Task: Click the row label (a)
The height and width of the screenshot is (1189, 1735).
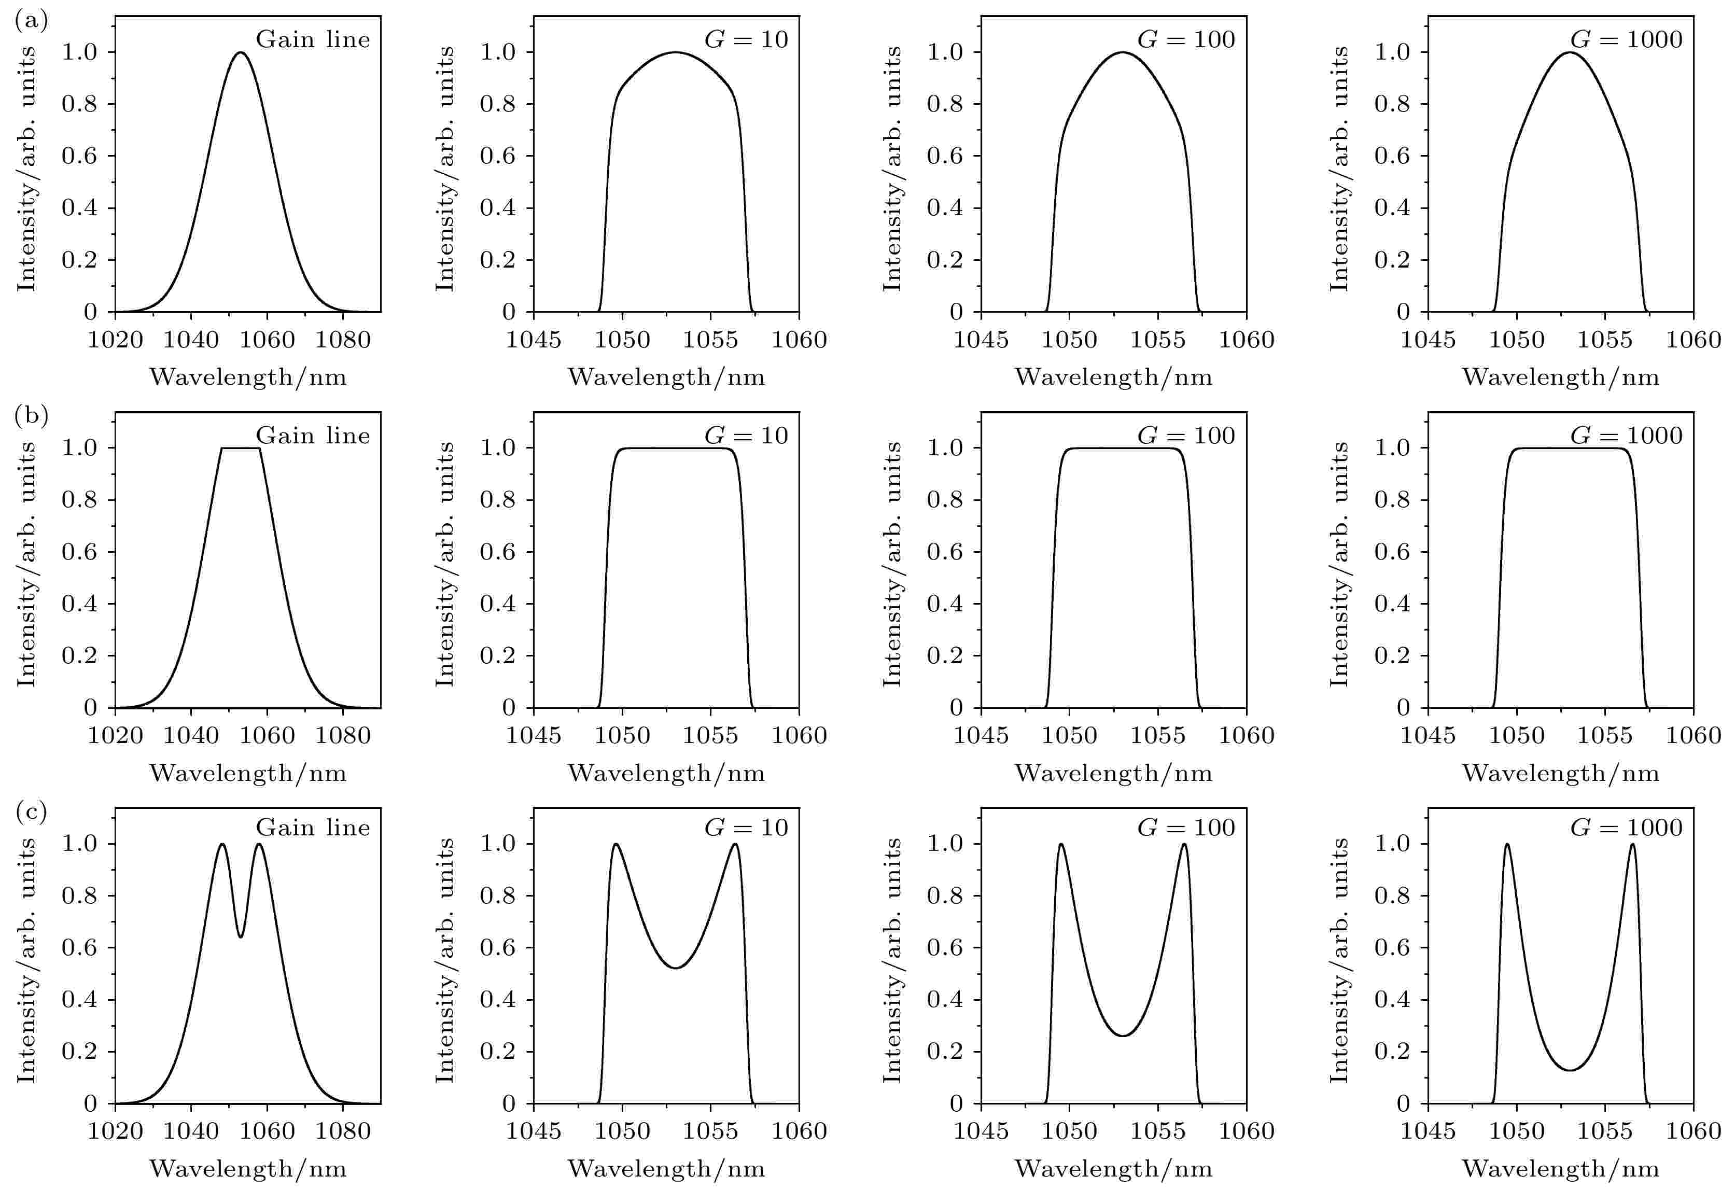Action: (x=31, y=20)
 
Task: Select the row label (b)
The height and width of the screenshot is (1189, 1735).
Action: (x=31, y=416)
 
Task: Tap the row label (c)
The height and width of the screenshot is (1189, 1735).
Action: (x=31, y=812)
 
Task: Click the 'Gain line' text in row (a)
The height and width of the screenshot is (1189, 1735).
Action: (x=313, y=39)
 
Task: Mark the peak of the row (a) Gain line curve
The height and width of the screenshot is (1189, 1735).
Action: (x=241, y=52)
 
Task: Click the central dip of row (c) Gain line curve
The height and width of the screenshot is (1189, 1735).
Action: (x=241, y=936)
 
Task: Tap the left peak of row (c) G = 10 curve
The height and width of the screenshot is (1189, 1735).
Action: (x=616, y=844)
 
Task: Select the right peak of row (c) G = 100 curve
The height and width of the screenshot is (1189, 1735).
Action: (x=1184, y=844)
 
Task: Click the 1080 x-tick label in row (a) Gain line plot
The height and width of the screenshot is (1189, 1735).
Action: (x=343, y=340)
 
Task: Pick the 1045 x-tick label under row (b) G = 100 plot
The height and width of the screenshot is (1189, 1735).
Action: (x=980, y=736)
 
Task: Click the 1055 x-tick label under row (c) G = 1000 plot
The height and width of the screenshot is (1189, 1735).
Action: (x=1605, y=1131)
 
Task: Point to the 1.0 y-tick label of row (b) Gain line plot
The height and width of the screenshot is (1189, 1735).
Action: (x=79, y=448)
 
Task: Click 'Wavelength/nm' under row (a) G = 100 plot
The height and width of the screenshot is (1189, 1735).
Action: (x=1113, y=377)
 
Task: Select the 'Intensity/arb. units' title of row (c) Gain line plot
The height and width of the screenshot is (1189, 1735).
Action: (x=27, y=961)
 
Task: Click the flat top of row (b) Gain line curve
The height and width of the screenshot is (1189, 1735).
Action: (x=241, y=448)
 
